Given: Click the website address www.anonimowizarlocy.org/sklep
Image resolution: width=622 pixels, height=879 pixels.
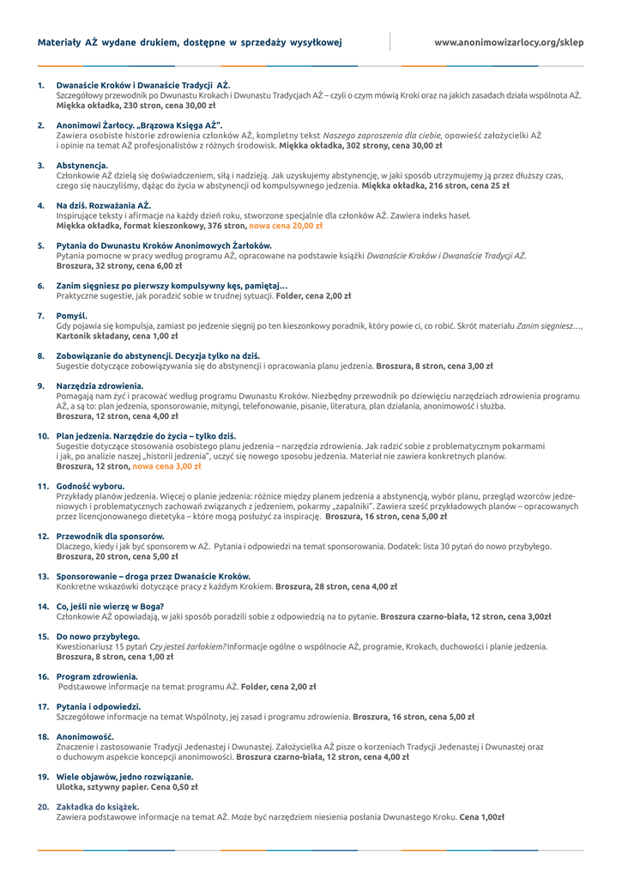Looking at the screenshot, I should [508, 41].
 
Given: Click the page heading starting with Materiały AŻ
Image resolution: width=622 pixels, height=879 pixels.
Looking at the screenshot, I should [190, 41].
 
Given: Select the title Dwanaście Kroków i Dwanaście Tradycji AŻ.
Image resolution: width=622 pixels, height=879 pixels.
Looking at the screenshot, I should [143, 86].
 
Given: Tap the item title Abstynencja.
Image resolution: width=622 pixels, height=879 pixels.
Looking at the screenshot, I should [82, 165].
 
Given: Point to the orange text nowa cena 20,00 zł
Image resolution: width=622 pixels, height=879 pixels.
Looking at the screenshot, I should [286, 226].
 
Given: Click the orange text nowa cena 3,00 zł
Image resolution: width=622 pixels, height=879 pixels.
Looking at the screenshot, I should [166, 466].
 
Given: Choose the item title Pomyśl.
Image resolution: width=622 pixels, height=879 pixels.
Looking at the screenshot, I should [72, 316].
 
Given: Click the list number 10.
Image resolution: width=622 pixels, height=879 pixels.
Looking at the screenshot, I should [42, 436].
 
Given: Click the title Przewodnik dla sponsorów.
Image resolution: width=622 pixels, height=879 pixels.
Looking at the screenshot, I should [110, 536].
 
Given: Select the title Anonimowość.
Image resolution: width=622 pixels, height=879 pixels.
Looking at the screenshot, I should [84, 737].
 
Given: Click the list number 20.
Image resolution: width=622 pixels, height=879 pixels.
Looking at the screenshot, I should [42, 807].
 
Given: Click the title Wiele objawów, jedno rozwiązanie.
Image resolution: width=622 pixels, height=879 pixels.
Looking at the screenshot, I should [124, 776].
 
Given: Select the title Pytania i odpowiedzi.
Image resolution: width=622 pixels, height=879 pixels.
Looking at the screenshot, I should [98, 706].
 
